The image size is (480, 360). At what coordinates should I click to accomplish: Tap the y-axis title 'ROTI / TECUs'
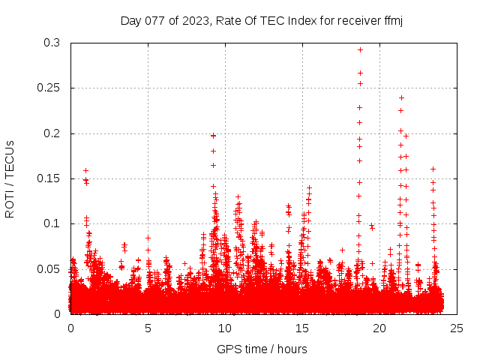tap(10, 178)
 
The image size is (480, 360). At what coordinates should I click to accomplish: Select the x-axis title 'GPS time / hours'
tap(262, 349)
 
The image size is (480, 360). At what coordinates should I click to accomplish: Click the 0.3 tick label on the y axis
tap(52, 43)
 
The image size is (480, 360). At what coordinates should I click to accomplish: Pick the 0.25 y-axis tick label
tap(49, 88)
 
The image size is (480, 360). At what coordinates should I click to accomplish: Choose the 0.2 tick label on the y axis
tap(52, 133)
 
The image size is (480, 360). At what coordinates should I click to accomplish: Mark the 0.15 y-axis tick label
tap(49, 178)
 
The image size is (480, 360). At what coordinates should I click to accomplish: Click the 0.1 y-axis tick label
tap(52, 223)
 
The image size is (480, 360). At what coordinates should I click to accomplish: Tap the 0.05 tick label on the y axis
tap(49, 268)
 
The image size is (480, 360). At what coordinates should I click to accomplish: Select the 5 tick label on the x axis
tap(148, 328)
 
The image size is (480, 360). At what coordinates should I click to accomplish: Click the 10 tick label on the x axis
tap(225, 328)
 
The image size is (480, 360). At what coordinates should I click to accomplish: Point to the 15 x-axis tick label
tap(302, 328)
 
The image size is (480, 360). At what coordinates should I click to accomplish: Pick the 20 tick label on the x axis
tap(379, 328)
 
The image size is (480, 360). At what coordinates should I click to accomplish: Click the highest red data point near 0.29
tap(360, 49)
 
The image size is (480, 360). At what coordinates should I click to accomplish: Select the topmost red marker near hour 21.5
tap(401, 97)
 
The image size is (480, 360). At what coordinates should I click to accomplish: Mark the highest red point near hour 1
tap(85, 170)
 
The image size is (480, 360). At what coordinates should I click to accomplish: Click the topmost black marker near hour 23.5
tap(433, 169)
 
